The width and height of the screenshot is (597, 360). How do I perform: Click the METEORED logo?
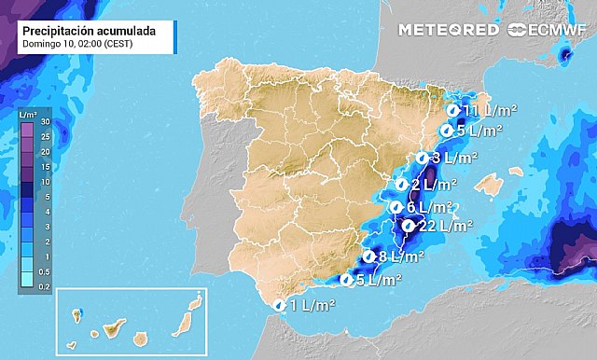tap(448, 30)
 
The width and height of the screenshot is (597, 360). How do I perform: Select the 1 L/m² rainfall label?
tap(313, 304)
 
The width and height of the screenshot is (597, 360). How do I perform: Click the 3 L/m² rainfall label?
tap(454, 158)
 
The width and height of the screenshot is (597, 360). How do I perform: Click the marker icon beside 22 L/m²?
tap(408, 225)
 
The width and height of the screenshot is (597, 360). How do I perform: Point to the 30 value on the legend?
tap(45, 122)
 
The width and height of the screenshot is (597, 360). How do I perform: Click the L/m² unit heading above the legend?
tap(29, 113)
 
